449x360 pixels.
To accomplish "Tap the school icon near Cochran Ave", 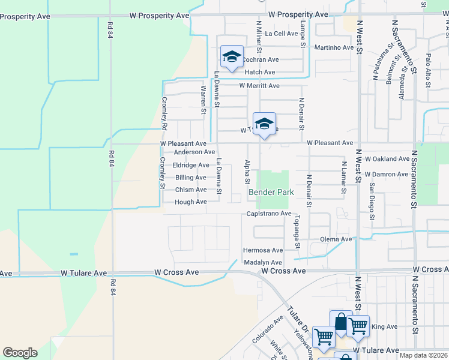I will pos(232,56).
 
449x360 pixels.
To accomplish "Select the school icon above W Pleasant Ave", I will pos(264,124).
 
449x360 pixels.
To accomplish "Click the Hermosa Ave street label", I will pos(262,250).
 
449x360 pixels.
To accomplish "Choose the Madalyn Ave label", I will pos(263,263).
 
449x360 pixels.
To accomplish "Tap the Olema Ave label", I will pos(337,239).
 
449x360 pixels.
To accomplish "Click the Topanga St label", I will pos(297,231).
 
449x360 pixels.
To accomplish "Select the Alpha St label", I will pos(247,172).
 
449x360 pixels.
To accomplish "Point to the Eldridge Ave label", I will pos(191,165).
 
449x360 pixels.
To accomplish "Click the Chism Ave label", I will pos(191,190).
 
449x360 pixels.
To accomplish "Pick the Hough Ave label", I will pos(190,202).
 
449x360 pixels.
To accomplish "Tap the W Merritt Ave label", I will pos(259,86).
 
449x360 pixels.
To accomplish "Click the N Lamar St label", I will pos(344,178).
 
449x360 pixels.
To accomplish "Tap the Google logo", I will pos(20,352).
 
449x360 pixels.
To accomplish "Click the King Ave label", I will pos(385,327).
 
